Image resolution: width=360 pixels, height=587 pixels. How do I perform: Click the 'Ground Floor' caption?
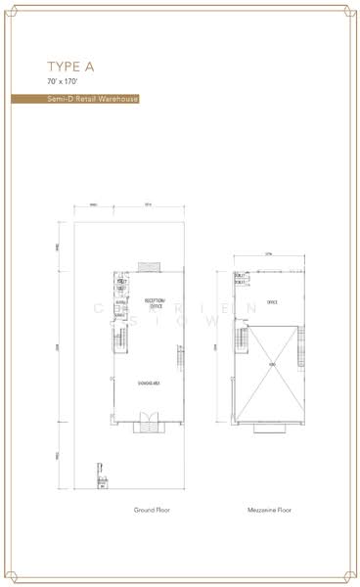153,510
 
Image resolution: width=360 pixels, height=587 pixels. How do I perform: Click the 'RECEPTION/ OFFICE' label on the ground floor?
155,302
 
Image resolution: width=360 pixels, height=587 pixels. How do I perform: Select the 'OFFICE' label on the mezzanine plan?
273,303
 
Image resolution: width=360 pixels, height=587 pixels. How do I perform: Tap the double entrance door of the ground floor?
150,422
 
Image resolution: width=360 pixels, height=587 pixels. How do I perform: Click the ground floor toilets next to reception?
121,288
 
